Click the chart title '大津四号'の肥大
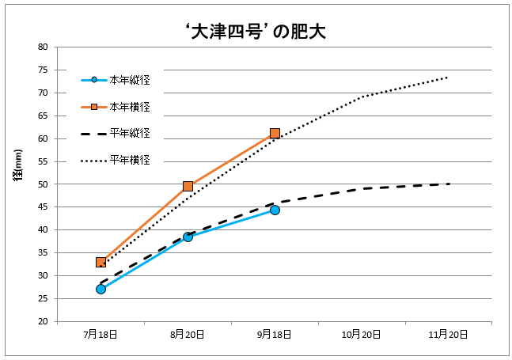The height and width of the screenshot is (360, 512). click(255, 32)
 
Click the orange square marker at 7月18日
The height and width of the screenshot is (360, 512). click(101, 262)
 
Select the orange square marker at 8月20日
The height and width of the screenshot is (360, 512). click(188, 186)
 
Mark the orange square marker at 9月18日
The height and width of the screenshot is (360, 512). click(275, 133)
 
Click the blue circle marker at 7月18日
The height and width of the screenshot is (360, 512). click(101, 289)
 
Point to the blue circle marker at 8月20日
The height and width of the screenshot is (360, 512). click(188, 237)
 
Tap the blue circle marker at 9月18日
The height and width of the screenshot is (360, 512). click(275, 210)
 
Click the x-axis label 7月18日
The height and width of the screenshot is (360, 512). click(101, 335)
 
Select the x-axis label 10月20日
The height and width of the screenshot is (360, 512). click(362, 335)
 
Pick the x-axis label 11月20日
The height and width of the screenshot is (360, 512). click(449, 335)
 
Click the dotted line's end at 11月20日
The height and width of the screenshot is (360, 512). click(449, 77)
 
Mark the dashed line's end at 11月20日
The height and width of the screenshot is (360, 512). click(449, 184)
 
